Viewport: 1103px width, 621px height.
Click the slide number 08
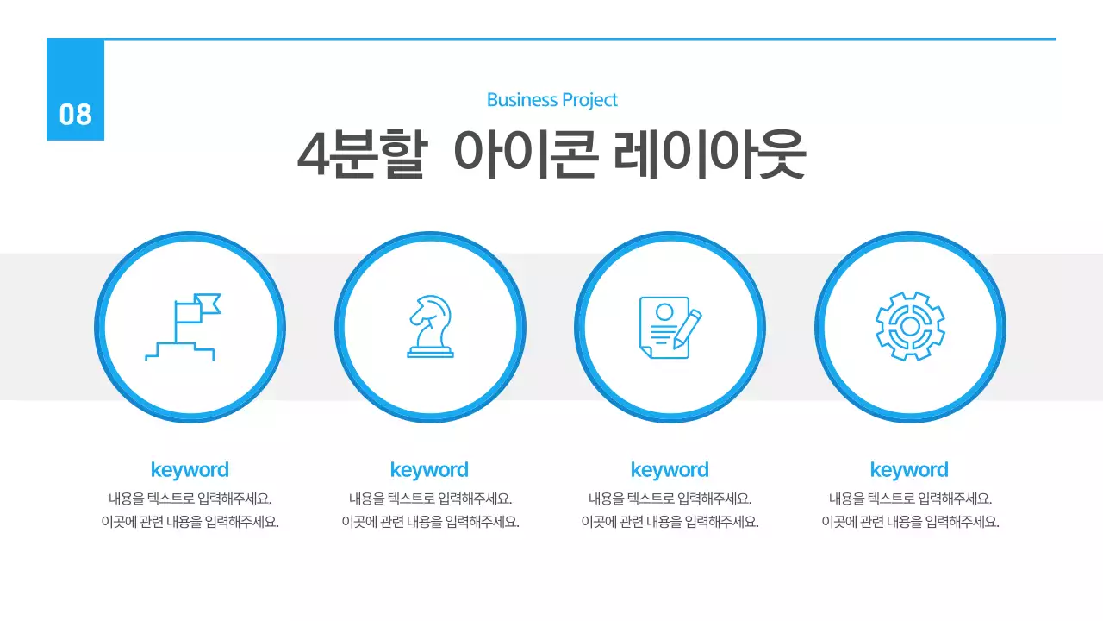click(x=75, y=114)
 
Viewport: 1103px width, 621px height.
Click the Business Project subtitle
click(x=551, y=100)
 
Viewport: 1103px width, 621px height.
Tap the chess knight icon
click(x=430, y=327)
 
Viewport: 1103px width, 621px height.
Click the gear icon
click(x=910, y=327)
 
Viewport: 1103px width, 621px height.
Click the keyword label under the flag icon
click(x=190, y=470)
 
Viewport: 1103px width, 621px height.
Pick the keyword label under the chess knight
click(x=429, y=470)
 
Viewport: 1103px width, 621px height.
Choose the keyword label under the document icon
click(x=670, y=470)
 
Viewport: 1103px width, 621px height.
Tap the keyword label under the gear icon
click(x=909, y=470)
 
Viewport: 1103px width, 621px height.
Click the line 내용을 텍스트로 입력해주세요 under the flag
click(x=190, y=499)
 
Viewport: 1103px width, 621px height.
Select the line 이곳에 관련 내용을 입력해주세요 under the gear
click(x=910, y=522)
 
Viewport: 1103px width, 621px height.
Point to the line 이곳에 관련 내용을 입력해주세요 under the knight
click(x=430, y=522)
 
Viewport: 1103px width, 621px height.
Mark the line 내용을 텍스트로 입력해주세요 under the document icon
click(x=670, y=499)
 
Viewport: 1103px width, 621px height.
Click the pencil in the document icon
click(x=688, y=329)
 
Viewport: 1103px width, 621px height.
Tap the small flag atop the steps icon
click(x=208, y=304)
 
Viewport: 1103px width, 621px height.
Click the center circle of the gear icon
click(x=910, y=327)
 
